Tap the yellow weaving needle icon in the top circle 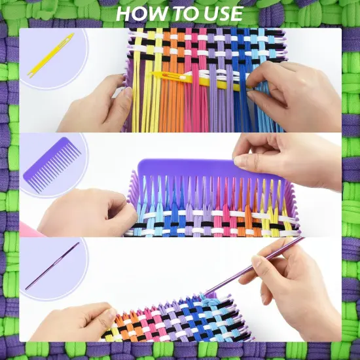pyautogui.click(x=50, y=54)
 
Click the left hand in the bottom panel pyautogui.click(x=72, y=321)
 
